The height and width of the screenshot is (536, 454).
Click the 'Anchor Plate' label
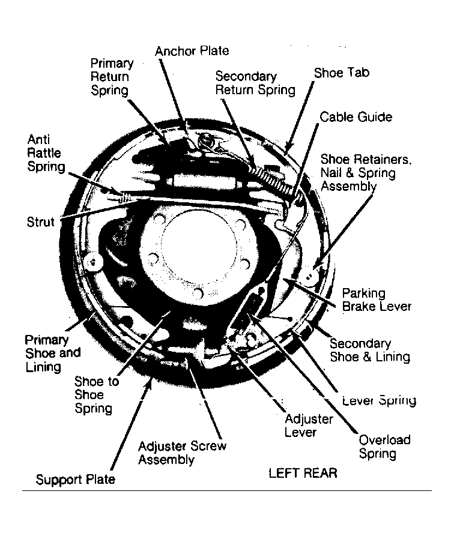tap(192, 51)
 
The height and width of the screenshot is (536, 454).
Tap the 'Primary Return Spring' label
tap(112, 77)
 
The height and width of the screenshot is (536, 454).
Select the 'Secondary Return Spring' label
tap(255, 83)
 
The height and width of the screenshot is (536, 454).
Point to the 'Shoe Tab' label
tap(342, 73)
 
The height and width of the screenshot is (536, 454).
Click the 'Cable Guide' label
tap(356, 117)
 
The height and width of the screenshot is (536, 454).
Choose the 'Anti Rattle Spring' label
tap(46, 154)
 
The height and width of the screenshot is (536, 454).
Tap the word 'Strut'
tap(40, 222)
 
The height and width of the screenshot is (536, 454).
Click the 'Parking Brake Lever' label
tap(377, 300)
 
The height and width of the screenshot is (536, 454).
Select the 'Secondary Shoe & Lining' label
tap(370, 350)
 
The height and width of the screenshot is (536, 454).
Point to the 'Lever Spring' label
tap(380, 400)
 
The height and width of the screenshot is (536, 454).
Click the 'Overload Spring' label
tap(384, 447)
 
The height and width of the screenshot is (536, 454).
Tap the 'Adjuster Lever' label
tap(309, 426)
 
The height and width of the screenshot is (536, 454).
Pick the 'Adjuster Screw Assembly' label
tap(183, 453)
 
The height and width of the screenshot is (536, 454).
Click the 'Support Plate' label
tap(76, 480)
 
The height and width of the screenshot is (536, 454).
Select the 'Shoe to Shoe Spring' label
tap(97, 395)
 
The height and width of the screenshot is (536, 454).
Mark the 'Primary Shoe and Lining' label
tap(53, 354)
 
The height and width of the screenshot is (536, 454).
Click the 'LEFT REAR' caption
tap(303, 474)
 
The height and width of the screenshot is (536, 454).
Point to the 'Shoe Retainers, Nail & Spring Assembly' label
tap(366, 173)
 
